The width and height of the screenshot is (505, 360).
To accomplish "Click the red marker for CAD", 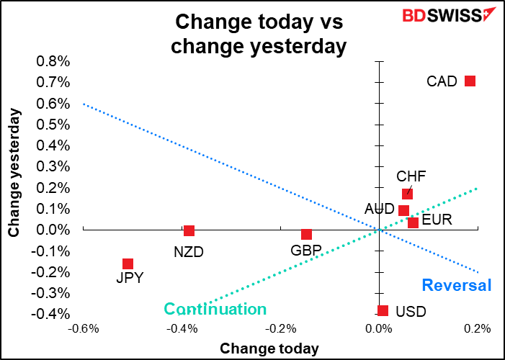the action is (470, 81).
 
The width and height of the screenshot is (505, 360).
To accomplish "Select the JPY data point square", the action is (128, 264).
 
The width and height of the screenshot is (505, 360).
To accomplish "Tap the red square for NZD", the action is (189, 230).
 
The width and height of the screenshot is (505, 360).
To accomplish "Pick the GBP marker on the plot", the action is (307, 234).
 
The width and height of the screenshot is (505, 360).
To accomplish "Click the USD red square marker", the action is (383, 311).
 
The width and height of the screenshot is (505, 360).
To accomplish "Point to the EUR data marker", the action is (413, 222).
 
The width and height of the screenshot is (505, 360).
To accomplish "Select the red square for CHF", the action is (408, 194).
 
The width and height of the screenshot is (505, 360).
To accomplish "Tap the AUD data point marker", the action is (404, 210).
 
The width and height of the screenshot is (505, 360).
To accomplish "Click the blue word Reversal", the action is (457, 285).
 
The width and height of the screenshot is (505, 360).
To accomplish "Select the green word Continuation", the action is (215, 309).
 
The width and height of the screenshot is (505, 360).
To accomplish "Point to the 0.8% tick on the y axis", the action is (53, 61).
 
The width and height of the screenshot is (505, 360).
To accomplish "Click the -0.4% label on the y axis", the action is (50, 314).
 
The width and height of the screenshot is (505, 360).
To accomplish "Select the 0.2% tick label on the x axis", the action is (476, 329).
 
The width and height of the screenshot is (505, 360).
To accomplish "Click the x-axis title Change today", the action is (269, 348).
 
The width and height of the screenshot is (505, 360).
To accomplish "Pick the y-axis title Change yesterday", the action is (14, 174).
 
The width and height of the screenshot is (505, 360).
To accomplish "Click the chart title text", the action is (259, 34).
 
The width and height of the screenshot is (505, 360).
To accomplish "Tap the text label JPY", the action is (130, 278).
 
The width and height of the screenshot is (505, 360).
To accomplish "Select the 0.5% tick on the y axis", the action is (53, 125).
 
